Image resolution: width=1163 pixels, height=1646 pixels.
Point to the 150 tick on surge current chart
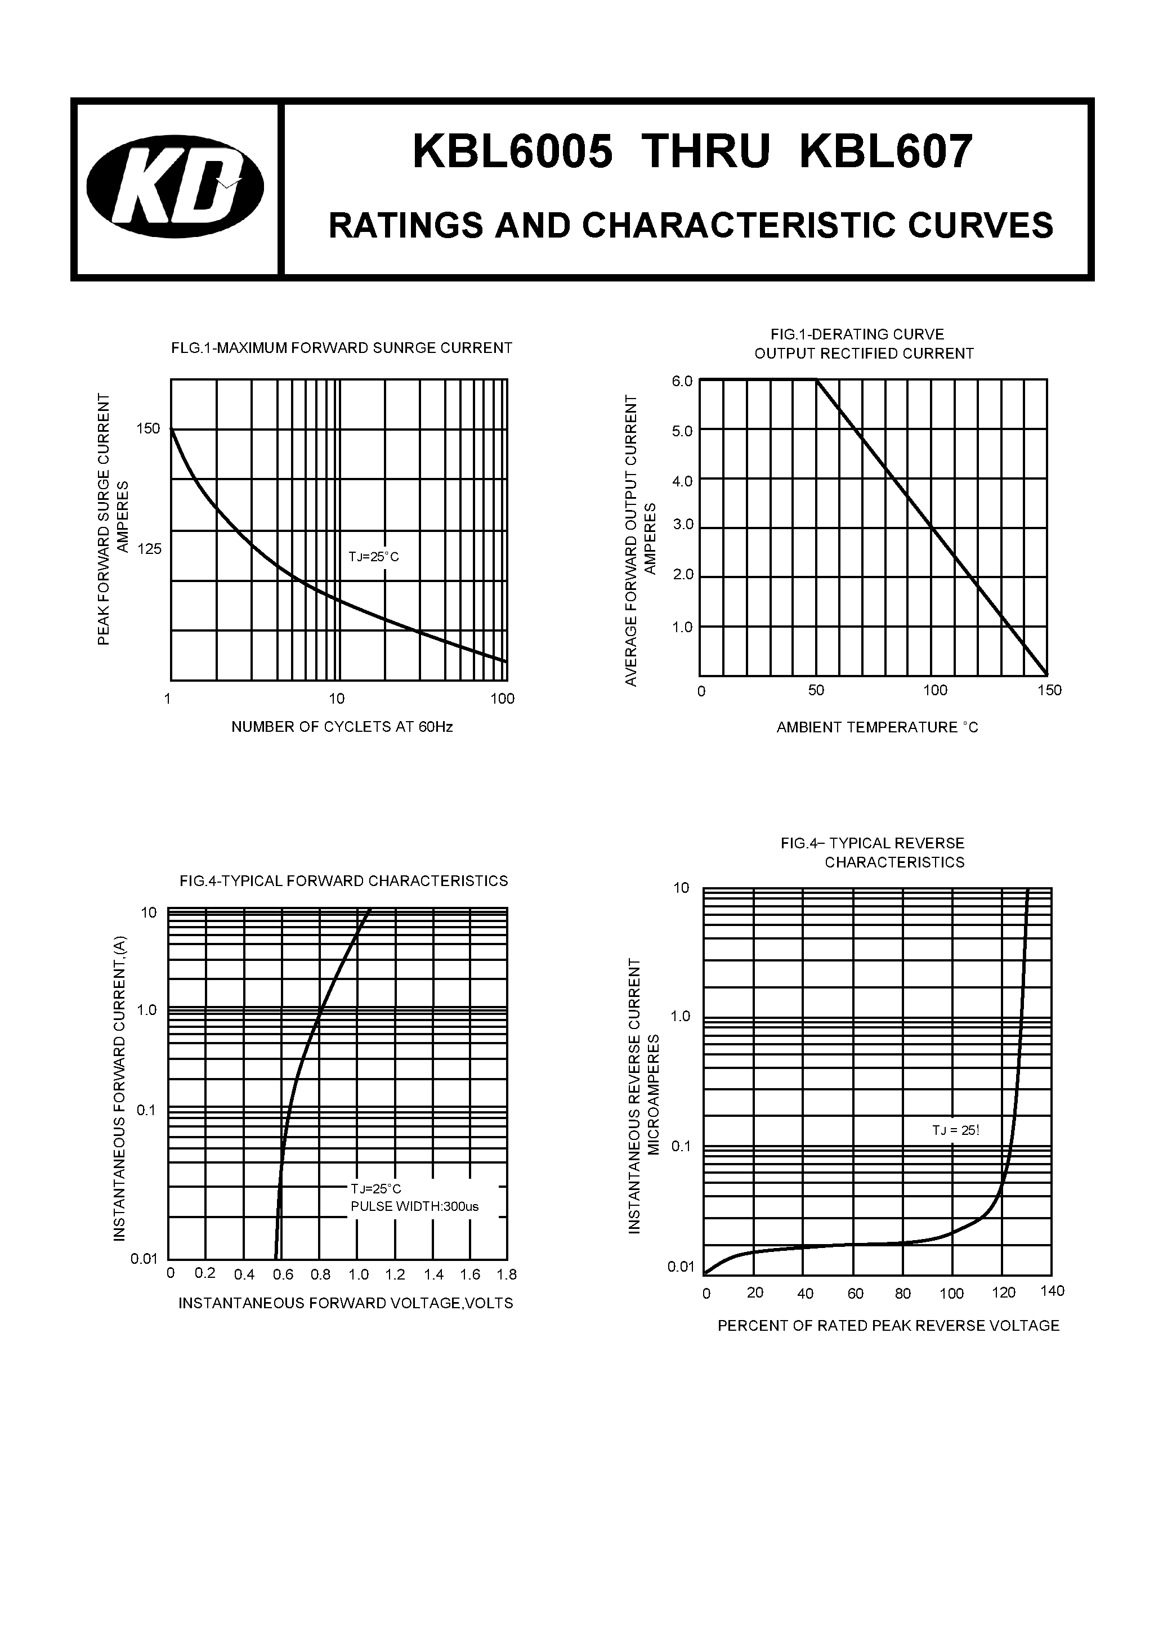point(149,429)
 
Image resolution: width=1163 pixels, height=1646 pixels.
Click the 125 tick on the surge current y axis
point(149,549)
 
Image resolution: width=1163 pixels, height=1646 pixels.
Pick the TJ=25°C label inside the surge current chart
point(374,556)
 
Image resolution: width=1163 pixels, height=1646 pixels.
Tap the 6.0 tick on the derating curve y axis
point(682,382)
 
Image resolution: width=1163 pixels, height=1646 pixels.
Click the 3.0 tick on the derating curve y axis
point(683,525)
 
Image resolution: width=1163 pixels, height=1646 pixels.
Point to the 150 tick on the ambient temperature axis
point(1049,690)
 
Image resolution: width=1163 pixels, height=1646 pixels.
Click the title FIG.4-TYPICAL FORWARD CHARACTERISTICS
point(343,881)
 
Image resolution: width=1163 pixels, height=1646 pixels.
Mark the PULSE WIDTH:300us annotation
point(414,1206)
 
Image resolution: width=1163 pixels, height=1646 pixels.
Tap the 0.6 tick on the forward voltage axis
point(283,1274)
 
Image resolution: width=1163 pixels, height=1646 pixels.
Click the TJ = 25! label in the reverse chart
point(955,1130)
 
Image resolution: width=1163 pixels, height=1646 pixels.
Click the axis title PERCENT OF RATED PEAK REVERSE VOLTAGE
point(888,1326)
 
